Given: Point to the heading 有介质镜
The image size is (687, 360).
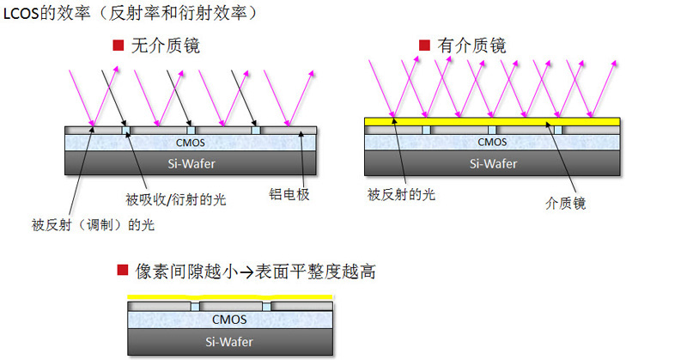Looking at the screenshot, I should pyautogui.click(x=471, y=46).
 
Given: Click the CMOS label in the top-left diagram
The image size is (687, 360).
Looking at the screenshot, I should pyautogui.click(x=190, y=143).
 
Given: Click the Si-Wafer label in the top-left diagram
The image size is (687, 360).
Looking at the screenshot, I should pyautogui.click(x=190, y=163).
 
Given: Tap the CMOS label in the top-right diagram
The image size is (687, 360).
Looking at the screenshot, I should pyautogui.click(x=492, y=143).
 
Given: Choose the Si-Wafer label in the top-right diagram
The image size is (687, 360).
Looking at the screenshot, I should pyautogui.click(x=492, y=163).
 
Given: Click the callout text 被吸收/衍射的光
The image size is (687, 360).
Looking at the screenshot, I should pyautogui.click(x=175, y=199).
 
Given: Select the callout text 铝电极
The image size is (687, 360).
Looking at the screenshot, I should pyautogui.click(x=289, y=195).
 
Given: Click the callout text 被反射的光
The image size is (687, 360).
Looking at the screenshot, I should pyautogui.click(x=401, y=195).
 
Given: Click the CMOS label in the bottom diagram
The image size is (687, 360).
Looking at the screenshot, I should pyautogui.click(x=229, y=320).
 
